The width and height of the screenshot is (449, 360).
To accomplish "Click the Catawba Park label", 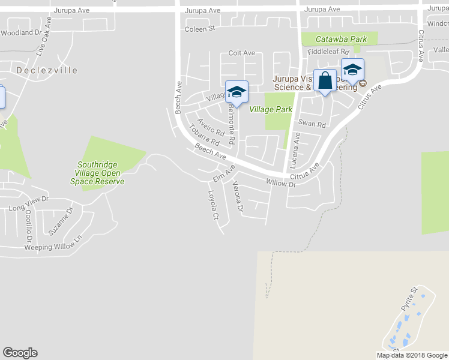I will (342, 40).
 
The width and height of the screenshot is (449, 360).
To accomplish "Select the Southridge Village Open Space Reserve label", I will (97, 173).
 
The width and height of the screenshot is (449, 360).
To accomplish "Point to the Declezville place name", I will (47, 70).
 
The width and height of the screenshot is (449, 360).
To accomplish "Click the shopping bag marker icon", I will (325, 80).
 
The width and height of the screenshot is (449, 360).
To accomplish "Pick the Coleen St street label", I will (200, 29).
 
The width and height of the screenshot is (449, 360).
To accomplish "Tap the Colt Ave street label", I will (241, 53).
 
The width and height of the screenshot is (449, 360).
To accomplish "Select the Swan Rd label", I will (312, 124).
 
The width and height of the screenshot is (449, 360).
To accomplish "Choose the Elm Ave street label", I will (223, 175).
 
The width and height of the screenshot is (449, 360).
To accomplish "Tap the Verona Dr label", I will (238, 197).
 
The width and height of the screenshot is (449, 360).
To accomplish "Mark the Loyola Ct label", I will (211, 205).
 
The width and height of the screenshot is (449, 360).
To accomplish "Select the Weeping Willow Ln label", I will (52, 243).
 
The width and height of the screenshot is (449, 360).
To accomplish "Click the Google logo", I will (20, 353).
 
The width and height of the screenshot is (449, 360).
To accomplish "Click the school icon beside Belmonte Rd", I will (237, 92).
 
